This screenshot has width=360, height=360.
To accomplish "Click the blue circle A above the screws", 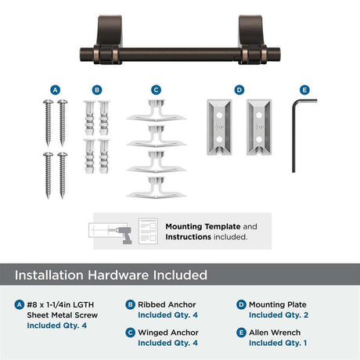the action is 55,90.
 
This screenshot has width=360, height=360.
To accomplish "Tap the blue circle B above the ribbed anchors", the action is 97,90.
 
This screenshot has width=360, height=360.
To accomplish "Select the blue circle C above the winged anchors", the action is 156,90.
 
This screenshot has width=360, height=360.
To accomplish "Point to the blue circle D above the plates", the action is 239,90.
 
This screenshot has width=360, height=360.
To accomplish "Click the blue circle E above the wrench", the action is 304,90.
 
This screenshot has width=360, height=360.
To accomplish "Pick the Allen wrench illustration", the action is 293,135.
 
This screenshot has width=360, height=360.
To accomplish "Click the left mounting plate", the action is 219,128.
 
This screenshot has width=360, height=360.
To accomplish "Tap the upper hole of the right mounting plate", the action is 259,115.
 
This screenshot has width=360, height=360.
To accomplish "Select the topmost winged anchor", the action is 156,110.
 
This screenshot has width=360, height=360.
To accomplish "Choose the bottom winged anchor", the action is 156,187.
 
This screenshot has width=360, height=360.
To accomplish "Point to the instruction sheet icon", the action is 148,232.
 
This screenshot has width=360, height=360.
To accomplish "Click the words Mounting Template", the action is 203,226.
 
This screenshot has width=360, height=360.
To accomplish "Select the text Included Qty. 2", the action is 279,315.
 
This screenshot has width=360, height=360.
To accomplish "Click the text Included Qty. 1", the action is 278,343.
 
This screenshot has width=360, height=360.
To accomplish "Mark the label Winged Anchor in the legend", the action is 168,333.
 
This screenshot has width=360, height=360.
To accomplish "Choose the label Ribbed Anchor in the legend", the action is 167,304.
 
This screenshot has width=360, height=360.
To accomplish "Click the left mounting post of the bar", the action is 110,39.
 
